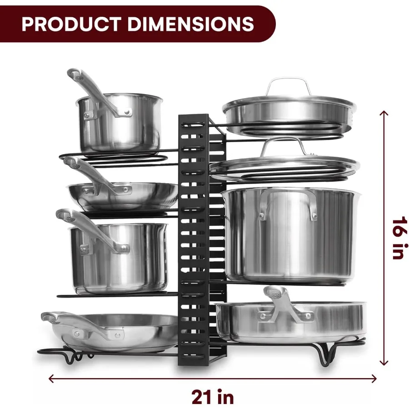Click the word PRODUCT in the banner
click(71, 24)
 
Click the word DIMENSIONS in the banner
click(190, 24)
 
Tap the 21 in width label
click(213, 397)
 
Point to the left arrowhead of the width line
click(51, 379)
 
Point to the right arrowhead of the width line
click(374, 379)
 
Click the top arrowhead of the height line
click(384, 113)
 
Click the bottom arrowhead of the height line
click(384, 363)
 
